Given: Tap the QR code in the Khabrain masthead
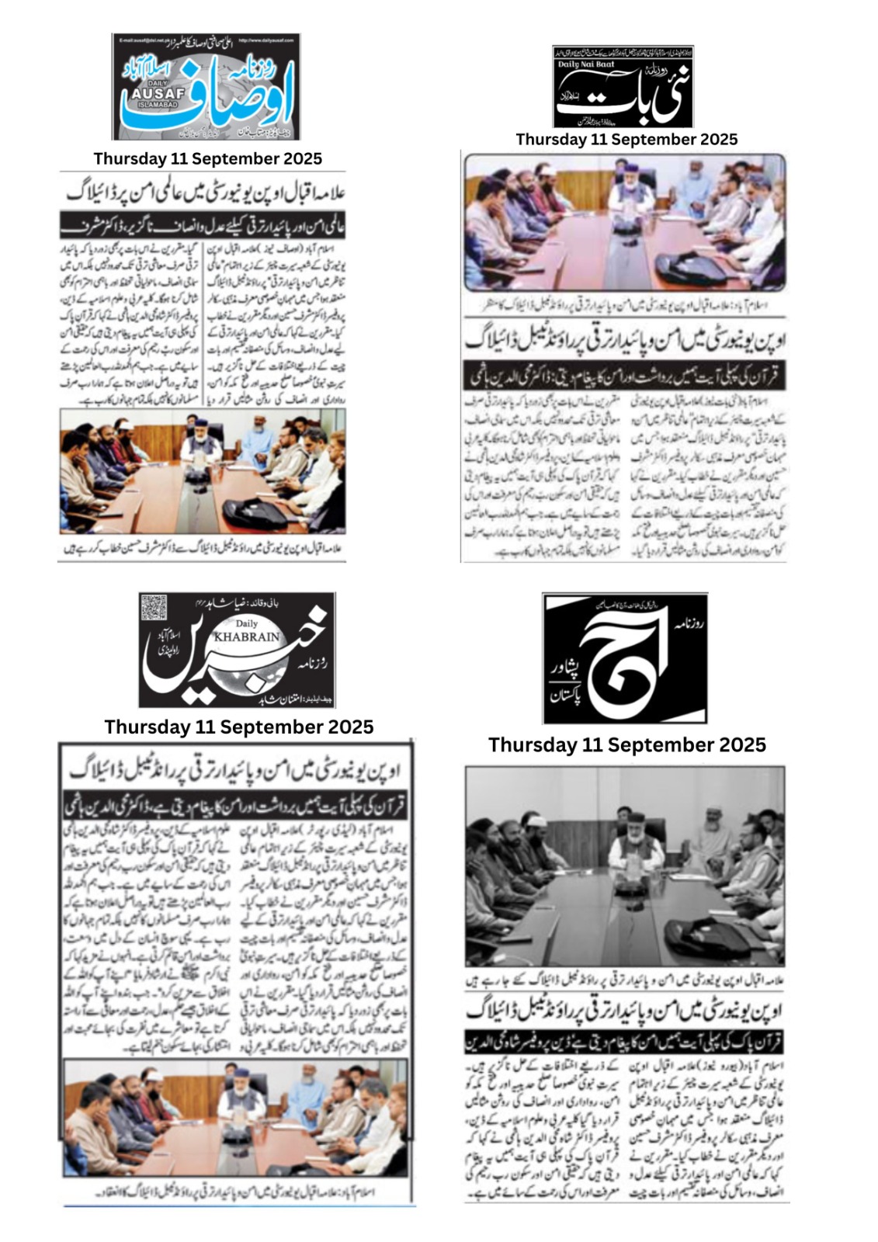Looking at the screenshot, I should click(x=154, y=608).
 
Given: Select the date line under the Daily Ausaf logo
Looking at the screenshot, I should click(x=207, y=158).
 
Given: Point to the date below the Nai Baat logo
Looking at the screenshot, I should click(x=626, y=139).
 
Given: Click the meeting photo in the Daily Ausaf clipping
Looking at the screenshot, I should click(x=202, y=472).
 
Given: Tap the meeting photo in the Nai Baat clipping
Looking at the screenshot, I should click(x=624, y=223).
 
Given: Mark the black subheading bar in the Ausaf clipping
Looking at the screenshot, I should click(x=202, y=226).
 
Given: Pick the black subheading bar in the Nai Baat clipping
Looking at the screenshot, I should click(x=624, y=375).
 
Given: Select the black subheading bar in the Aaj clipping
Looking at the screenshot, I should click(x=624, y=1041).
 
